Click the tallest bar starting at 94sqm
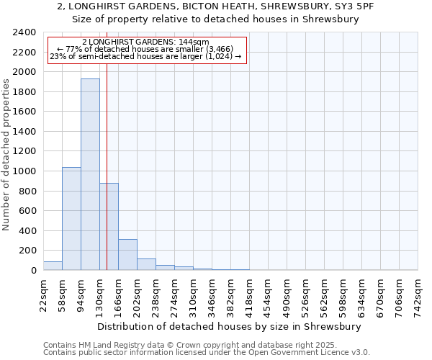point(90,174)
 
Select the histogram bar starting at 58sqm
point(71,219)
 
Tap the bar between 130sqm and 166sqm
point(109,227)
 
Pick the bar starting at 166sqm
point(127,255)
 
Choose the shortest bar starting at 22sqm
point(53,266)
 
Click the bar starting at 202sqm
point(146,264)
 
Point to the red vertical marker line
point(107,166)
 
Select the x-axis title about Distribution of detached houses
point(228,326)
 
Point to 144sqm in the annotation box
point(194,42)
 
